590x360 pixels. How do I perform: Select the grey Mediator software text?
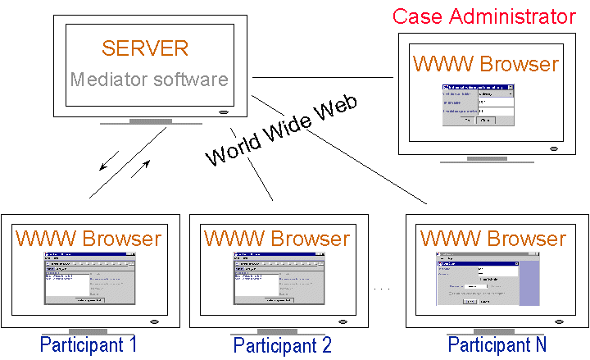pos(148,80)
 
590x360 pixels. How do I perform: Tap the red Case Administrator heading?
pos(483,16)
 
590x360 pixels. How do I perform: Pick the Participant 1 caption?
pos(88,344)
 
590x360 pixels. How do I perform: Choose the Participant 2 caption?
pos(282,345)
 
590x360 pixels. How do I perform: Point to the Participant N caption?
pos(497,344)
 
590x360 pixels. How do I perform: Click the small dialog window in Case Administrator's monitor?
pos(479,105)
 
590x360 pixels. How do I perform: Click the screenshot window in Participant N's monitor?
pos(488,281)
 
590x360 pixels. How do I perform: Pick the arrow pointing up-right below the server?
pos(141,170)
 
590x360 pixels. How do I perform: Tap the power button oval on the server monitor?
pos(222,112)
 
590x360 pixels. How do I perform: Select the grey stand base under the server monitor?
pos(149,121)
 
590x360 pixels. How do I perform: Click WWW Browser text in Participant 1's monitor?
pos(88,239)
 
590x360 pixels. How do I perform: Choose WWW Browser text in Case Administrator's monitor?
pos(486,64)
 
